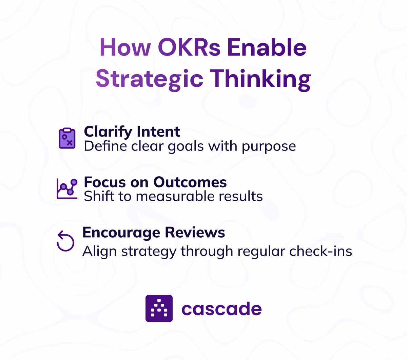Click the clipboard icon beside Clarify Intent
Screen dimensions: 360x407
[67, 138]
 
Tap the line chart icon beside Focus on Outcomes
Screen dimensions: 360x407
[67, 188]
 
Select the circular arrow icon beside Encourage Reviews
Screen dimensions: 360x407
[65, 241]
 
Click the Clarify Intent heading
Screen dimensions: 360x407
[132, 132]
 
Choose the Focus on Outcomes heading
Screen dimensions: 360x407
[155, 182]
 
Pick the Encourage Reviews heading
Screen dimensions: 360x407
[154, 233]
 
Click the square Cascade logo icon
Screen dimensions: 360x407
[159, 308]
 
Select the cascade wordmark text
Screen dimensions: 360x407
[221, 309]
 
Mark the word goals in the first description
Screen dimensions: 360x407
[186, 146]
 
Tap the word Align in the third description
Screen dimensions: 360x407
[96, 251]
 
